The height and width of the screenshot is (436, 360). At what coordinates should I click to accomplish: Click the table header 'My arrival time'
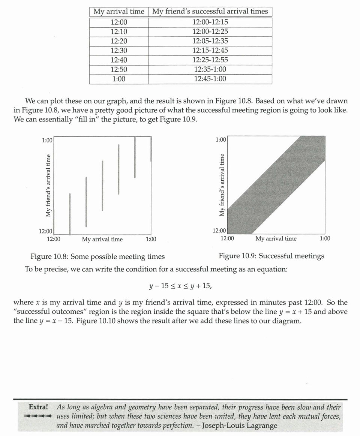point(119,12)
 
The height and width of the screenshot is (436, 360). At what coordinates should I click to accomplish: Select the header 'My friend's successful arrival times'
point(210,12)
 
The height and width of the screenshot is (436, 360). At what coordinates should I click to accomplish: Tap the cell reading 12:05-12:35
point(210,41)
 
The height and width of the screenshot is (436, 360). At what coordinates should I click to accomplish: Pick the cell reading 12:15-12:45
point(210,51)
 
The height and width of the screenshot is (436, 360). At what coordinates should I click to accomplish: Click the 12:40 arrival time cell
point(119,60)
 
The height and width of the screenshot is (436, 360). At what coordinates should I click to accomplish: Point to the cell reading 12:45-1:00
point(210,79)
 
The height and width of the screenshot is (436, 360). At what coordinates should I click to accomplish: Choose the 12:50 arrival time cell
point(119,69)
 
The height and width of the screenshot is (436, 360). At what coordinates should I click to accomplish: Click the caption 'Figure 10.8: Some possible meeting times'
point(97,257)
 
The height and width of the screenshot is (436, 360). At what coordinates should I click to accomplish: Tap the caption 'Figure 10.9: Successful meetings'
point(271,256)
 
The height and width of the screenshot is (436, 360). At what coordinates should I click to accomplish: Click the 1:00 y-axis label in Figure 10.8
point(47,141)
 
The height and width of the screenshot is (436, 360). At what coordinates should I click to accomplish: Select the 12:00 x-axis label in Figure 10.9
point(227,239)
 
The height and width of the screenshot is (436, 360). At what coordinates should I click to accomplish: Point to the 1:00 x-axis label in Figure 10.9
point(325,239)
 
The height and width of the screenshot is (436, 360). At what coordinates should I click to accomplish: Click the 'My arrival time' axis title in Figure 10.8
point(102,240)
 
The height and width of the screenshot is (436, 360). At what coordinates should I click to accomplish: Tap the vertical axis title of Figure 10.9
point(222,185)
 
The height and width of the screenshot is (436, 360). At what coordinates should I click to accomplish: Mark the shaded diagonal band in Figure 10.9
point(276,185)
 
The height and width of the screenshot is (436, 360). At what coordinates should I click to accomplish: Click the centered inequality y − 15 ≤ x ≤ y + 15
point(180,286)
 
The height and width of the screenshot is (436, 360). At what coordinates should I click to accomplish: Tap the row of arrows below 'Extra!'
point(37,416)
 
